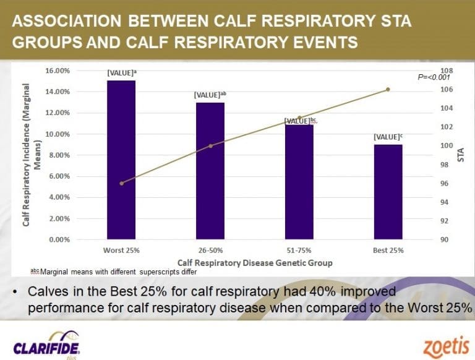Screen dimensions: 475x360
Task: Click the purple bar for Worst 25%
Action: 121,160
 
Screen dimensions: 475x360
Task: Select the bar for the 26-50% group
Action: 210,171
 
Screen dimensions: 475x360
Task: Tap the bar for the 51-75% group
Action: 299,182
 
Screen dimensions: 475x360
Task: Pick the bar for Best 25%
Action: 388,192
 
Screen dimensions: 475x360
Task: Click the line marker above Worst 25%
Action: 121,183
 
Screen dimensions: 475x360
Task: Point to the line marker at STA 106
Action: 388,90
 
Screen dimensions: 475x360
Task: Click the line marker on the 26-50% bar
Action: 211,146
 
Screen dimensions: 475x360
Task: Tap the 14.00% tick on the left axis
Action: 58,92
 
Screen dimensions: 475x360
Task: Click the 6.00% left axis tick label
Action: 59,176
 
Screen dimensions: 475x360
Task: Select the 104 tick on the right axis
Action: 447,108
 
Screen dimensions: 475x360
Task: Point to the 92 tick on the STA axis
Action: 444,221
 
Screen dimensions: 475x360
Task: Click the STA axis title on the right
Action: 461,155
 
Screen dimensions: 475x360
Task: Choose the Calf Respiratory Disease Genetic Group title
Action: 255,263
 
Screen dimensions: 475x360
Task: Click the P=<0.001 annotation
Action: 434,77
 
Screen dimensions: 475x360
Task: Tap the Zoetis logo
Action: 447,346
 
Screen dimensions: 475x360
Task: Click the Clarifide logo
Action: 47,345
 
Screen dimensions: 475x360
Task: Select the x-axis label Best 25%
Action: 388,251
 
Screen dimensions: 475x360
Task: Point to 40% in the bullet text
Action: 322,291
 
